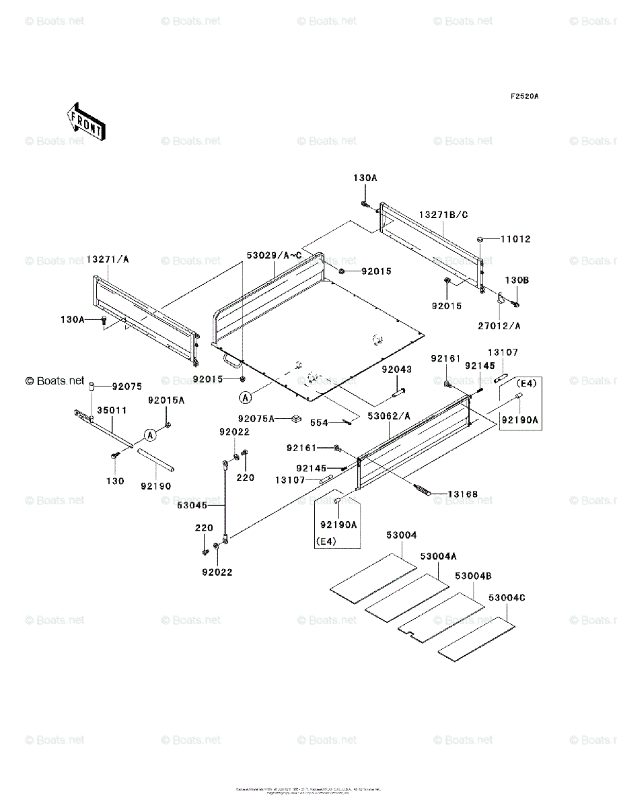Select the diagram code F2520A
coord(524,96)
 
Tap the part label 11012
coord(516,239)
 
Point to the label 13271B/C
coord(443,214)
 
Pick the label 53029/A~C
coord(274,256)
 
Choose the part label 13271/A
coord(110,259)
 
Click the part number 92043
coord(397,370)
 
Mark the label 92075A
coord(256,419)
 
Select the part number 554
coord(318,423)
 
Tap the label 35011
coord(108,409)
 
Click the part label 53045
coord(192,504)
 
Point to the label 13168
coord(464,494)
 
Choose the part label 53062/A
coord(389,416)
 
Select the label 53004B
coord(473,576)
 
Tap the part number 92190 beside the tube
coord(155,485)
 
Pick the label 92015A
coord(166,400)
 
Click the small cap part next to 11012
coord(482,238)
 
